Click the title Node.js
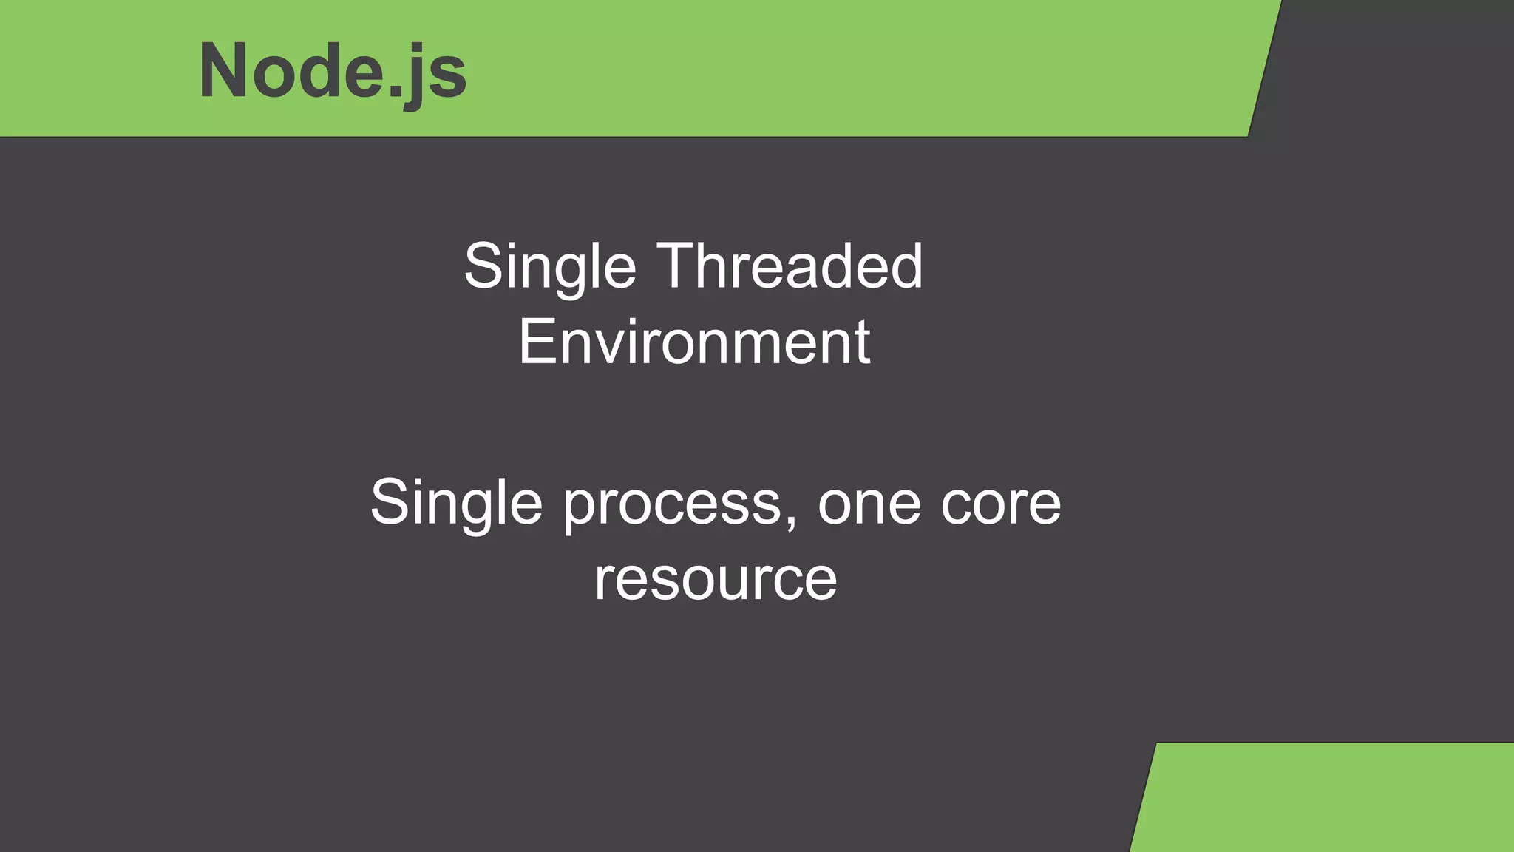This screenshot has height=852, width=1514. (333, 71)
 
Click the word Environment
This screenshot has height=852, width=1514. (694, 342)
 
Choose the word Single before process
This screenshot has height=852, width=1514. (456, 503)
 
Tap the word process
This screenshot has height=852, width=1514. (673, 504)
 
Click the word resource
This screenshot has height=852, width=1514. (716, 579)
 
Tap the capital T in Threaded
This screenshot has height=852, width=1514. (678, 266)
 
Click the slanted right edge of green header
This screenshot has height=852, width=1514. (1264, 69)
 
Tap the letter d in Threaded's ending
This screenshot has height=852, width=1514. (906, 266)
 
